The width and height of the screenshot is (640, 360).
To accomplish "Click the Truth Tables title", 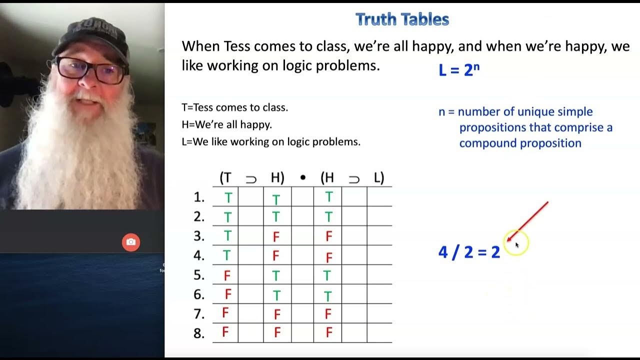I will click(x=402, y=19).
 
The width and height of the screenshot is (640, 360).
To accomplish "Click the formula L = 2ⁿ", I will click(x=458, y=70).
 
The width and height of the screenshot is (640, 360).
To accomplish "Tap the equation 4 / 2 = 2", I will click(x=469, y=252).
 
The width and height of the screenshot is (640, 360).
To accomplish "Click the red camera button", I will click(x=131, y=242).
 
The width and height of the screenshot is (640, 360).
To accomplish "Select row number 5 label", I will click(x=199, y=275).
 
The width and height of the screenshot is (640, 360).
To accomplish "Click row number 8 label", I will click(x=199, y=333).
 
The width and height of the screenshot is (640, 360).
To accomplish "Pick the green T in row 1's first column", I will click(x=228, y=198).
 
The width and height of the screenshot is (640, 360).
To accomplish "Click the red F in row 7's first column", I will click(x=225, y=313).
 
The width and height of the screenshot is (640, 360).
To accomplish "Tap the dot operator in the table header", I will click(x=302, y=178).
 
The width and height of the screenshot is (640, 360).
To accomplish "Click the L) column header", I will click(x=379, y=177).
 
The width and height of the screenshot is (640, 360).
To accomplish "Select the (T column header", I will click(x=225, y=177).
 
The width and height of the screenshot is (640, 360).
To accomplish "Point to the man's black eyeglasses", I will click(x=90, y=70).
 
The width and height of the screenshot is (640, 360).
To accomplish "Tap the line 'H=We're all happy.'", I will click(x=226, y=124).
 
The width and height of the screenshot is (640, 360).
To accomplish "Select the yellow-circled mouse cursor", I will click(x=516, y=244).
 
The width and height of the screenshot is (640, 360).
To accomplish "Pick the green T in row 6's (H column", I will click(x=328, y=296).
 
